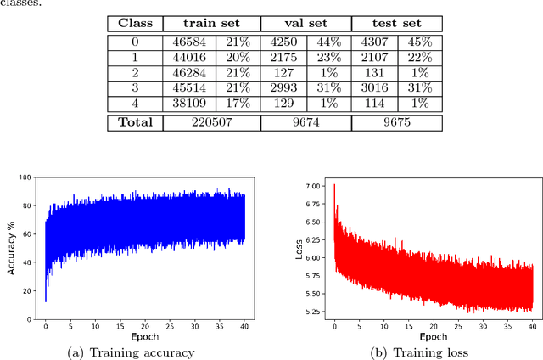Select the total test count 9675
[395, 122]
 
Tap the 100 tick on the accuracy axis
[26, 178]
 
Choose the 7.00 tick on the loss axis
[313, 185]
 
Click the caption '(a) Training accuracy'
[142, 352]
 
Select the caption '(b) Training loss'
[433, 352]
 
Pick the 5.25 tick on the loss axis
[313, 312]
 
